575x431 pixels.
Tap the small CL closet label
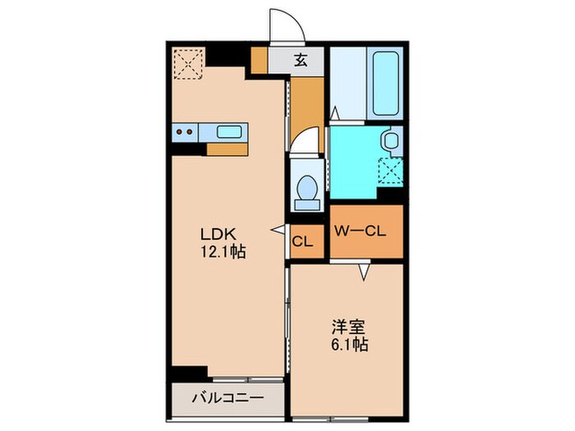point(302,241)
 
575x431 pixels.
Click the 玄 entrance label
point(301,60)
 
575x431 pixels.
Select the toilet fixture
point(308,188)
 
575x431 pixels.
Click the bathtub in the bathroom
point(386,84)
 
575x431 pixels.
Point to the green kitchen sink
point(229,131)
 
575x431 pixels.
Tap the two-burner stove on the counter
point(186,131)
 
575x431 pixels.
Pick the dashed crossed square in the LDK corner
point(189,63)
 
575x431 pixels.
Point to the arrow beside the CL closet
point(279,230)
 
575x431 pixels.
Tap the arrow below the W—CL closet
point(361,270)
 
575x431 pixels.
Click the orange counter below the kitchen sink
point(227,149)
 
